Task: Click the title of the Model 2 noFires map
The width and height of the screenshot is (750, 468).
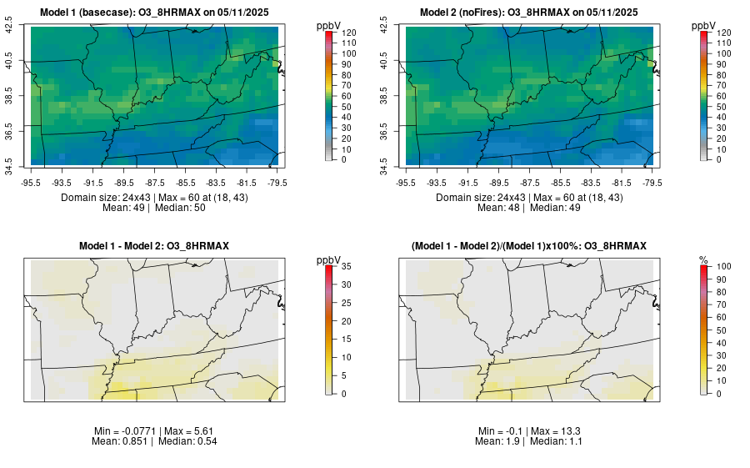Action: click(528, 12)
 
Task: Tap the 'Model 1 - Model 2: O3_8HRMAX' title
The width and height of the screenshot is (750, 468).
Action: click(154, 245)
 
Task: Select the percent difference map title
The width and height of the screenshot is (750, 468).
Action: click(528, 245)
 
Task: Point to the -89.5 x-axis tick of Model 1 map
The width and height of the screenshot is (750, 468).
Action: click(124, 182)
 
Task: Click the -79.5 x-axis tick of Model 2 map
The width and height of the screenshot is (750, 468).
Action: click(651, 182)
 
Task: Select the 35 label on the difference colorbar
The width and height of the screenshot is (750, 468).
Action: click(347, 266)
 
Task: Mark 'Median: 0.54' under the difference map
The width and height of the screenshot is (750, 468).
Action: click(186, 440)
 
